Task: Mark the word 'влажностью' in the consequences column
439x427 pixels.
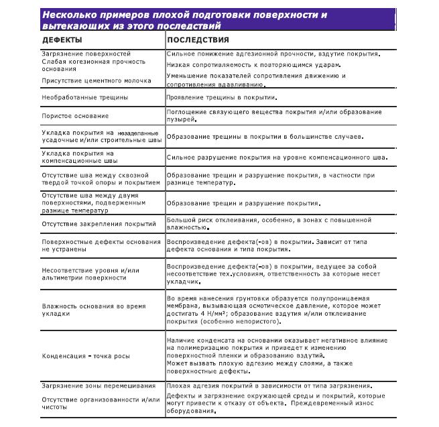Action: [x=187, y=227]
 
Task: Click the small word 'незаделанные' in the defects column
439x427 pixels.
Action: [x=139, y=133]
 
